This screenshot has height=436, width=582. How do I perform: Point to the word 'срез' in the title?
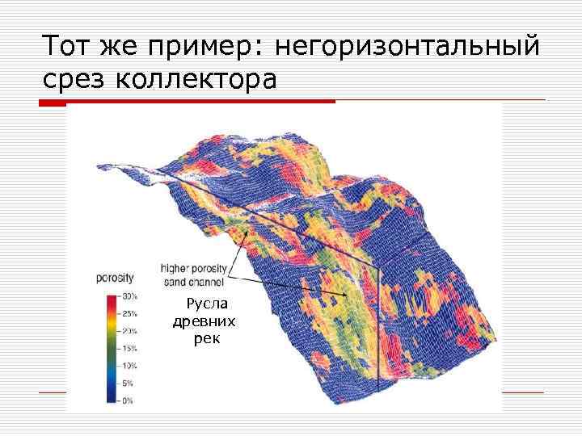pos(75,80)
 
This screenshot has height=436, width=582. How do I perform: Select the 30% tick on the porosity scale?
pos(128,295)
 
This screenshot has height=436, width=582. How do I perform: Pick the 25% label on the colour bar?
pos(128,312)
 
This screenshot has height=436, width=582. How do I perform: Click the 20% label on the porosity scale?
pos(128,330)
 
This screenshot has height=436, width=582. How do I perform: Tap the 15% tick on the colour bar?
pos(128,348)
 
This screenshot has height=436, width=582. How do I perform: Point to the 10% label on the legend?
pos(128,366)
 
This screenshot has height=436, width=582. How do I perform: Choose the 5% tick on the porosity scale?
pos(128,383)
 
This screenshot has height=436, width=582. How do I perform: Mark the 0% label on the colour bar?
pos(128,400)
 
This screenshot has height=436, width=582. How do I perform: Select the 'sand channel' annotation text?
pos(194,282)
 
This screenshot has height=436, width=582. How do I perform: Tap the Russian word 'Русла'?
pos(207,304)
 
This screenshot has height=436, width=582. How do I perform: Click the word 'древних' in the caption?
pos(204,321)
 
